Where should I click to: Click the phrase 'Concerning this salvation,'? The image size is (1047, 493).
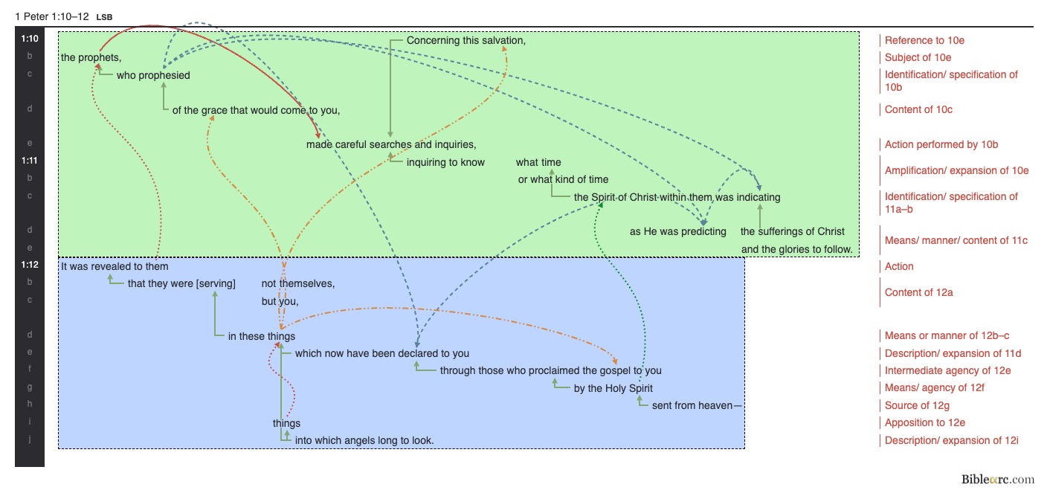(x=466, y=40)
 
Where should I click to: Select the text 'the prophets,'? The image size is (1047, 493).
(x=91, y=57)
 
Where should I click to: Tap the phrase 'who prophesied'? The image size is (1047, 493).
(x=153, y=75)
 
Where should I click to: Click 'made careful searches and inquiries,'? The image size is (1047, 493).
(x=391, y=144)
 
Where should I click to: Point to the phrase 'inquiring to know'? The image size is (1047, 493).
(x=445, y=162)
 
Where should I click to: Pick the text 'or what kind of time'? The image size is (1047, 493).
(x=563, y=179)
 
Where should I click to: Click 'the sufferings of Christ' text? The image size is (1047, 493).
(x=793, y=231)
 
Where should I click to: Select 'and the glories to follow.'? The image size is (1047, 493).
(x=796, y=249)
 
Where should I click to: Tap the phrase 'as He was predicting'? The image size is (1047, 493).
(x=678, y=231)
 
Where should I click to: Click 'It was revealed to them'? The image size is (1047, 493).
(x=115, y=266)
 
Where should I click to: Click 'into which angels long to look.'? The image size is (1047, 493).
(x=364, y=440)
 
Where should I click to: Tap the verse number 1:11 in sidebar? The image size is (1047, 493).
(x=30, y=160)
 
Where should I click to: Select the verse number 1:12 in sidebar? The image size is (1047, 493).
(x=30, y=264)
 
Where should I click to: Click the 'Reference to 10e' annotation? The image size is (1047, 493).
(x=924, y=40)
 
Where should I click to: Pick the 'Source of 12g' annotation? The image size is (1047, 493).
(x=917, y=405)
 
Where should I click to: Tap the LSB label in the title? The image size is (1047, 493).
(x=104, y=16)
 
